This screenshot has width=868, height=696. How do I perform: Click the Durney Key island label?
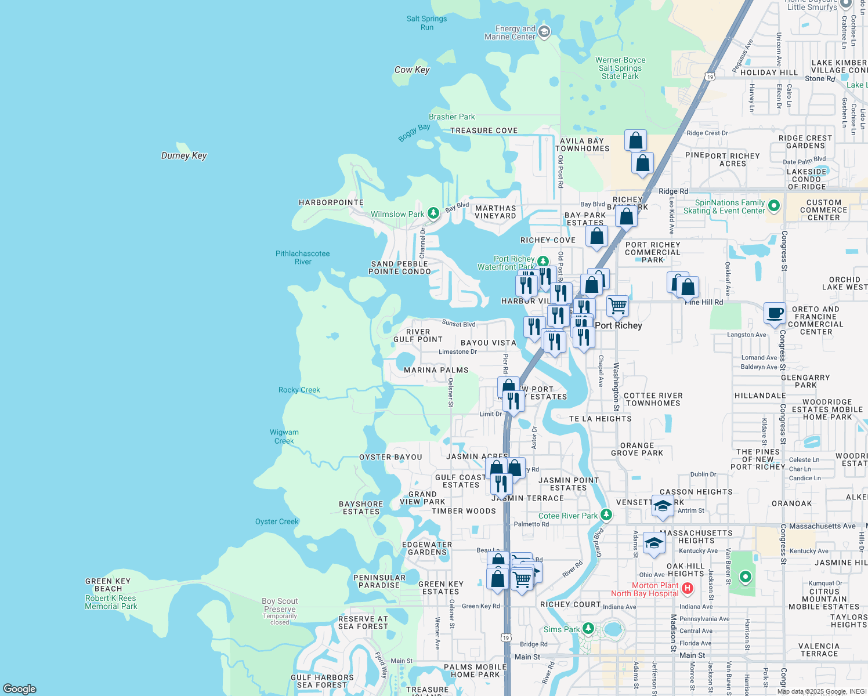tap(184, 155)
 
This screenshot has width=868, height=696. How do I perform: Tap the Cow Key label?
tap(412, 70)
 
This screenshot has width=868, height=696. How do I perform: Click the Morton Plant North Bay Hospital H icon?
tap(688, 589)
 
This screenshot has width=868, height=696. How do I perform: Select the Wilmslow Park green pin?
tap(433, 213)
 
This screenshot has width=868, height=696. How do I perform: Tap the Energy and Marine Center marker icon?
tap(544, 31)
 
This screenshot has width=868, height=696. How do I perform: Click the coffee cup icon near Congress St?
tap(775, 314)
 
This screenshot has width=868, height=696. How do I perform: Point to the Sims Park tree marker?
tap(588, 629)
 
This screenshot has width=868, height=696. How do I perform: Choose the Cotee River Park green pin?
tap(606, 514)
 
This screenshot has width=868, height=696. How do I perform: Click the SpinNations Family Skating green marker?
tap(773, 206)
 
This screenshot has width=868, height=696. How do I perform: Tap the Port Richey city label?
tap(619, 325)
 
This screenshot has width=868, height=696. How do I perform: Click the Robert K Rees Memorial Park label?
tap(111, 602)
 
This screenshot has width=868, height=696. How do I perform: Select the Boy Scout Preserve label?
tap(280, 605)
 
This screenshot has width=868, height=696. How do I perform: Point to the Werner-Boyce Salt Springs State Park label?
tap(620, 68)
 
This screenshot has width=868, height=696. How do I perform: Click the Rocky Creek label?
tap(299, 390)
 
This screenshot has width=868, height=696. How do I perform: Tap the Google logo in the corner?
tap(20, 689)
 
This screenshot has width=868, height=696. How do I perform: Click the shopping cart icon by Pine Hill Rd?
tap(617, 305)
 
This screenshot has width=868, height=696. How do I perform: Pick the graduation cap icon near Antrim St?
tap(663, 506)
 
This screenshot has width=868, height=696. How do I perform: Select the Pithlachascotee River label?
tap(302, 258)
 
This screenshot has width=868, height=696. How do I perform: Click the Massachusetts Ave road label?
tap(822, 526)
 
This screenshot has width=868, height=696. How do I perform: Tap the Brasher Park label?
tap(451, 117)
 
